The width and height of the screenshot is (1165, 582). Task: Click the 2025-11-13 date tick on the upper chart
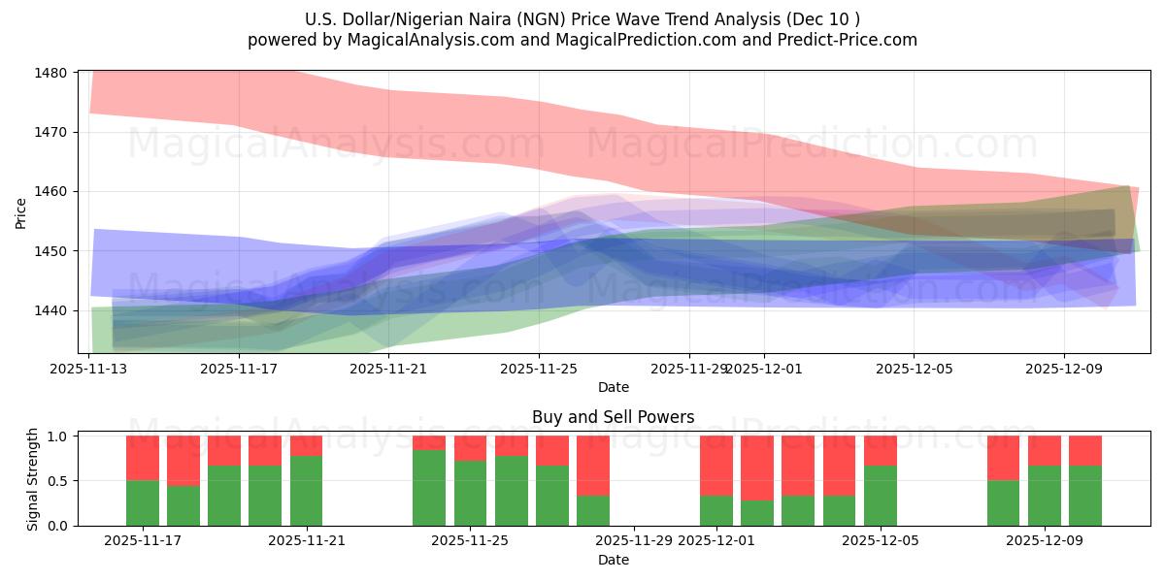89,369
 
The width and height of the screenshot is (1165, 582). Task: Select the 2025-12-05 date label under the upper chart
914,369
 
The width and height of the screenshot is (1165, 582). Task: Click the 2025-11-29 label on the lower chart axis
634,540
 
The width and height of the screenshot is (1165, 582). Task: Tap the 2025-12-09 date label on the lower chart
1045,540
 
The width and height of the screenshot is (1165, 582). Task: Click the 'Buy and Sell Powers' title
613,418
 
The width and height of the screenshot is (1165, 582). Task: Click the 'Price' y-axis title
21,212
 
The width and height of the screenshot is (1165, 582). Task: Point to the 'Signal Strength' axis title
32,479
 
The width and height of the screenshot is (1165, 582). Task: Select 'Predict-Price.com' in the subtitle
849,40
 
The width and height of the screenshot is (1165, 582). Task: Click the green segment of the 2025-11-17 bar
143,502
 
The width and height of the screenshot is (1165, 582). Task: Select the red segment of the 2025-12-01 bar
716,466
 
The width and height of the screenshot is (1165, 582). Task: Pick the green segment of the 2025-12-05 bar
881,495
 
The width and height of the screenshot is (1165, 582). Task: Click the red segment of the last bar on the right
1085,450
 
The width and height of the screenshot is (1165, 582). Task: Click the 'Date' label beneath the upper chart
613,387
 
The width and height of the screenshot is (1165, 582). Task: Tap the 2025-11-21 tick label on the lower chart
306,540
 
